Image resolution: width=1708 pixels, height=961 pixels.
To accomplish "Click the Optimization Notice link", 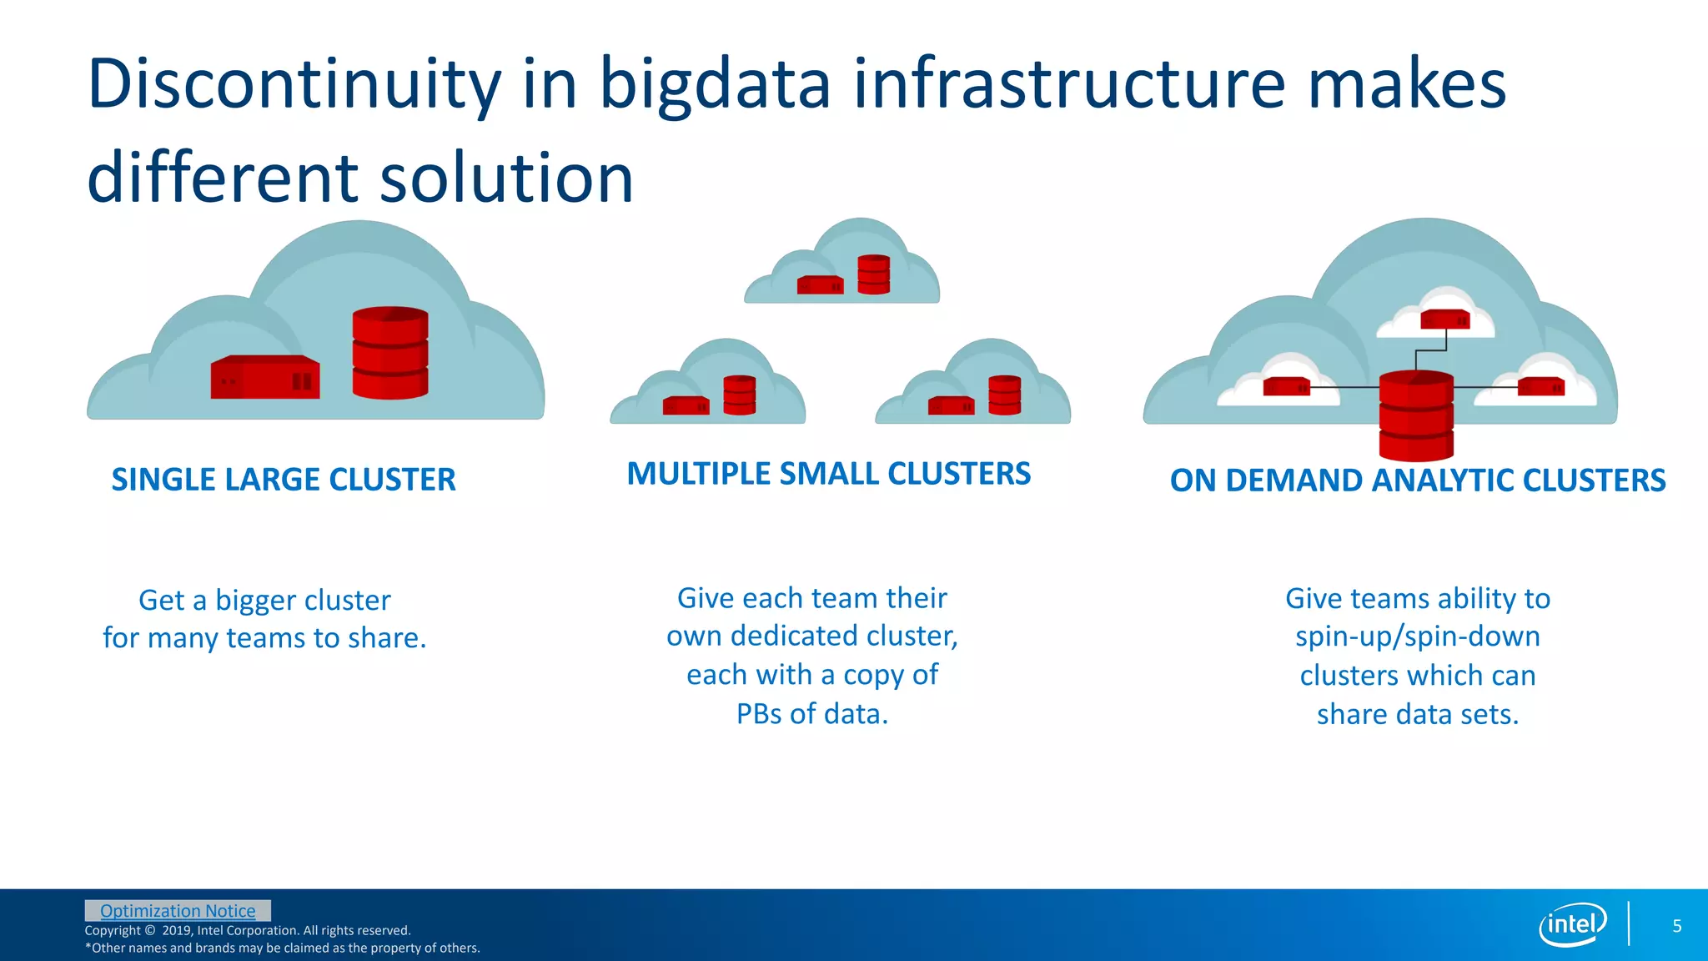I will pos(178,911).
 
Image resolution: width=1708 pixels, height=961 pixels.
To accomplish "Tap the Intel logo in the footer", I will pos(1572,924).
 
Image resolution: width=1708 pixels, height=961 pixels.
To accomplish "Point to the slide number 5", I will pos(1676,926).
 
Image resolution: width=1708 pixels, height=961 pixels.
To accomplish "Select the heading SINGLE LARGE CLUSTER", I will pos(284,480).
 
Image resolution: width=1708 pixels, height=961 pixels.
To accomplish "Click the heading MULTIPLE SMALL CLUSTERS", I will pos(828,474).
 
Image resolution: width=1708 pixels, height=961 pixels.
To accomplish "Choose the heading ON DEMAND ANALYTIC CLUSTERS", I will pos(1417,480).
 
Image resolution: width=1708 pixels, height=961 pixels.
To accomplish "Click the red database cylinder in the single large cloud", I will pos(389,352).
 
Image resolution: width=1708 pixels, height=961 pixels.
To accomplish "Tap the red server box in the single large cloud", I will pos(264,377).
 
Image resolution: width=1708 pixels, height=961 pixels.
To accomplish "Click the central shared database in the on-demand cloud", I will pos(1415,415).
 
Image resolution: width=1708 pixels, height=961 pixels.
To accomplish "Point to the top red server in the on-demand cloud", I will pos(1445,319).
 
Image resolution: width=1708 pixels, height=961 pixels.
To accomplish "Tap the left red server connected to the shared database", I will pos(1285,386).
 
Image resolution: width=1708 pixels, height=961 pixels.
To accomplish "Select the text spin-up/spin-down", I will pos(1417,636).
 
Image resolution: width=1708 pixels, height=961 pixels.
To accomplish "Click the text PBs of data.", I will pos(811,714).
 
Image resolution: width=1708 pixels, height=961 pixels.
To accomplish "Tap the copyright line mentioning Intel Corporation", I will pos(248,930).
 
